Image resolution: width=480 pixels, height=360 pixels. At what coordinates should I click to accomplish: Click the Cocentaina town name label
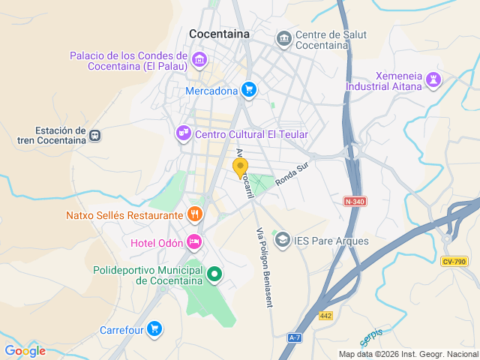tap(220, 34)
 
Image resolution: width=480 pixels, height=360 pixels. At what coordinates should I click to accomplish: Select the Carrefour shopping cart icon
tap(154, 328)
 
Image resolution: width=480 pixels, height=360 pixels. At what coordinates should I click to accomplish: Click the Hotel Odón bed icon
tap(194, 241)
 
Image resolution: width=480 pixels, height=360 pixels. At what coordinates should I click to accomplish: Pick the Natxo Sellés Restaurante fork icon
tap(195, 215)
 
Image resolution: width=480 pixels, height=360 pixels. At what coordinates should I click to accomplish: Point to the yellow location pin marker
tap(241, 168)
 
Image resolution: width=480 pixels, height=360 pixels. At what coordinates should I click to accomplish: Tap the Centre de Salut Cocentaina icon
tap(283, 38)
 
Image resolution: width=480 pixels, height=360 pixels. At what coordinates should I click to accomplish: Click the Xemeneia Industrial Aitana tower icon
tap(433, 79)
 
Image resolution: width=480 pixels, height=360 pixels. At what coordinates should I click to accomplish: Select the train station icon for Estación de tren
tap(94, 135)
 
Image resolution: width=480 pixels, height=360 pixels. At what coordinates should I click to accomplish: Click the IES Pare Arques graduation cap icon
tap(282, 240)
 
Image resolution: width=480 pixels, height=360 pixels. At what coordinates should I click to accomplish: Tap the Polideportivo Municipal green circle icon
tap(214, 274)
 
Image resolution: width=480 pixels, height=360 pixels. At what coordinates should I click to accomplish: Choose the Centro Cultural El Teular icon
tap(183, 133)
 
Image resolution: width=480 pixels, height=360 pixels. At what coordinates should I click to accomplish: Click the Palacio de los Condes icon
tap(199, 59)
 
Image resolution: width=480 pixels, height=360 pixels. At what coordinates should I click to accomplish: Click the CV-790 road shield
tap(454, 261)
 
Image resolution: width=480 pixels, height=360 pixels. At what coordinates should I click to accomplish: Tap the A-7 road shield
tap(295, 338)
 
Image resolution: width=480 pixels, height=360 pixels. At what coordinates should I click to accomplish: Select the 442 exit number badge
tap(325, 316)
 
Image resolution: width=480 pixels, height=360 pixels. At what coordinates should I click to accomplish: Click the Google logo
tap(25, 350)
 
